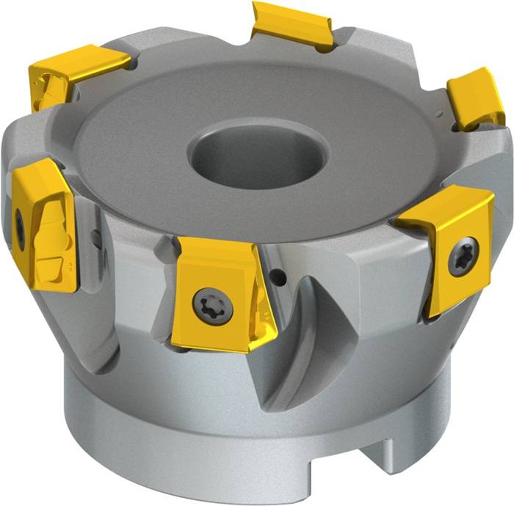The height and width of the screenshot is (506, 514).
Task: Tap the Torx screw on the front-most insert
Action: click(213, 302)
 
